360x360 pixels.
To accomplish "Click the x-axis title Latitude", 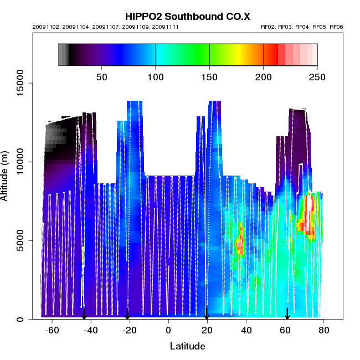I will (x=187, y=347).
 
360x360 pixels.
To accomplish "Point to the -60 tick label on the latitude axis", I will (x=52, y=331).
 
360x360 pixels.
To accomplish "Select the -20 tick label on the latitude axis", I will (x=130, y=331).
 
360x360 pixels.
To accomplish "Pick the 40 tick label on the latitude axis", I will (x=247, y=331).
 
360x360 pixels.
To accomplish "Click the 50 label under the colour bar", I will (x=102, y=76).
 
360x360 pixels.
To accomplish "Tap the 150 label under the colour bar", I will (x=209, y=76).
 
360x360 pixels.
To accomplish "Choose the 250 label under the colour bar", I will (x=317, y=76).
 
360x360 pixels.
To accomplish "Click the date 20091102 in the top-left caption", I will (x=45, y=27).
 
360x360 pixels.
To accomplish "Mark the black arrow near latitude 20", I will (x=207, y=314).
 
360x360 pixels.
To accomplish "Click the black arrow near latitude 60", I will (x=287, y=314).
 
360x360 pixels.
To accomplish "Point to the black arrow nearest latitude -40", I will (x=84, y=314).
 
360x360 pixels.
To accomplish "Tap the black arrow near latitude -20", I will (x=127, y=314).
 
